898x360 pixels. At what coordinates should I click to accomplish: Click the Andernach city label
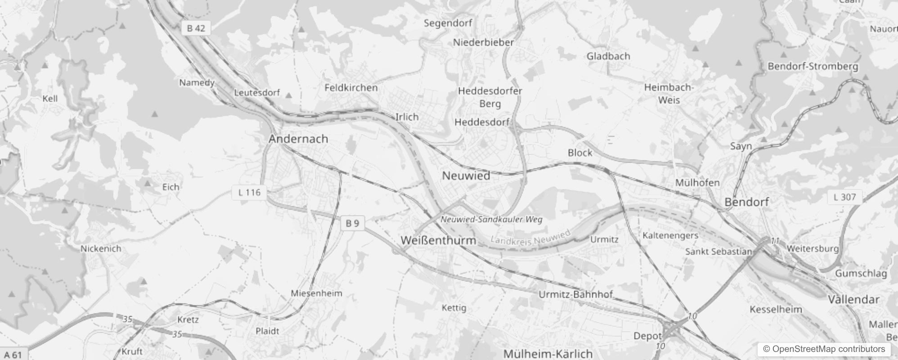pyautogui.click(x=298, y=139)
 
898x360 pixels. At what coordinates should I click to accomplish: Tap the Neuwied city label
pyautogui.click(x=466, y=175)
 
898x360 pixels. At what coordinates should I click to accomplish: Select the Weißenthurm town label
pyautogui.click(x=438, y=240)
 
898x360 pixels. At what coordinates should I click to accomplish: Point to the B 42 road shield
pyautogui.click(x=196, y=28)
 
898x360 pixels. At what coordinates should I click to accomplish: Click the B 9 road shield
pyautogui.click(x=352, y=223)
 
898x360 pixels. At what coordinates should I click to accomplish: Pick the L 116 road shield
pyautogui.click(x=249, y=193)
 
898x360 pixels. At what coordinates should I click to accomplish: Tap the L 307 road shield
pyautogui.click(x=844, y=197)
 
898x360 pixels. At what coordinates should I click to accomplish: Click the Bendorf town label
pyautogui.click(x=746, y=202)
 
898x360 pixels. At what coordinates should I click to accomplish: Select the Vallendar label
pyautogui.click(x=853, y=299)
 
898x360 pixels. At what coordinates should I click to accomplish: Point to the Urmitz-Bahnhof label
pyautogui.click(x=576, y=295)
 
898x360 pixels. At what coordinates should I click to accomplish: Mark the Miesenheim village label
pyautogui.click(x=316, y=293)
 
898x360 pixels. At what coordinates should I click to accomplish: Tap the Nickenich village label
pyautogui.click(x=101, y=248)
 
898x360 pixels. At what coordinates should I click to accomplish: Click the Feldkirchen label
pyautogui.click(x=351, y=87)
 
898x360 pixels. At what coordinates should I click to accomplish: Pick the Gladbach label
pyautogui.click(x=608, y=56)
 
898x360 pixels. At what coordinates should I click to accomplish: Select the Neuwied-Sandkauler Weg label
pyautogui.click(x=491, y=220)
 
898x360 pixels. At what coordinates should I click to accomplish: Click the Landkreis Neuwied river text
pyautogui.click(x=530, y=238)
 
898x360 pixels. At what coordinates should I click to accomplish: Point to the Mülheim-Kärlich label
pyautogui.click(x=548, y=354)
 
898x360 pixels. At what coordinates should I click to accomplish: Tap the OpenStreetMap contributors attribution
pyautogui.click(x=824, y=349)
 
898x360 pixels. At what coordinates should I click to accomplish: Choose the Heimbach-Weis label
pyautogui.click(x=669, y=94)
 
